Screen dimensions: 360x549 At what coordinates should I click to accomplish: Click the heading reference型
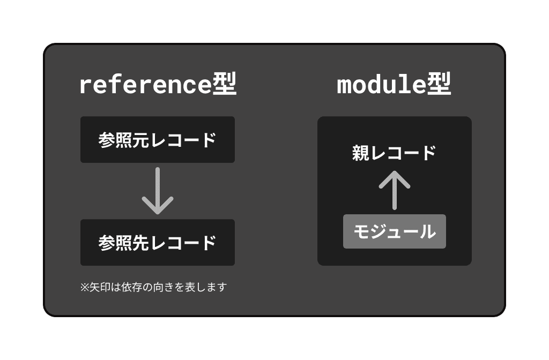click(x=158, y=85)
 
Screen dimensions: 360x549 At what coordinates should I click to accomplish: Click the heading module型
click(x=394, y=85)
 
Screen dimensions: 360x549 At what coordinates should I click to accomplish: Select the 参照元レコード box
click(x=158, y=140)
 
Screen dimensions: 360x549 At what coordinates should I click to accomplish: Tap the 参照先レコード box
click(x=158, y=243)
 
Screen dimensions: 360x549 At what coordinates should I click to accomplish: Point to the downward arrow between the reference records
click(x=158, y=191)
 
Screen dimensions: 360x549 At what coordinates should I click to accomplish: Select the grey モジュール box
click(x=395, y=231)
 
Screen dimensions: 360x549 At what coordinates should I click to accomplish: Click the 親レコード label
click(x=395, y=153)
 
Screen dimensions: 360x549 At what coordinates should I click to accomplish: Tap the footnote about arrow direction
click(x=153, y=287)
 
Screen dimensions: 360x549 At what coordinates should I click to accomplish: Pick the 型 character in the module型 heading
click(x=439, y=85)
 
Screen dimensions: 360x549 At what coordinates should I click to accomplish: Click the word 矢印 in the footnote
click(x=99, y=287)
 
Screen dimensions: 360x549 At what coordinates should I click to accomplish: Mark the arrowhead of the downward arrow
click(x=158, y=207)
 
